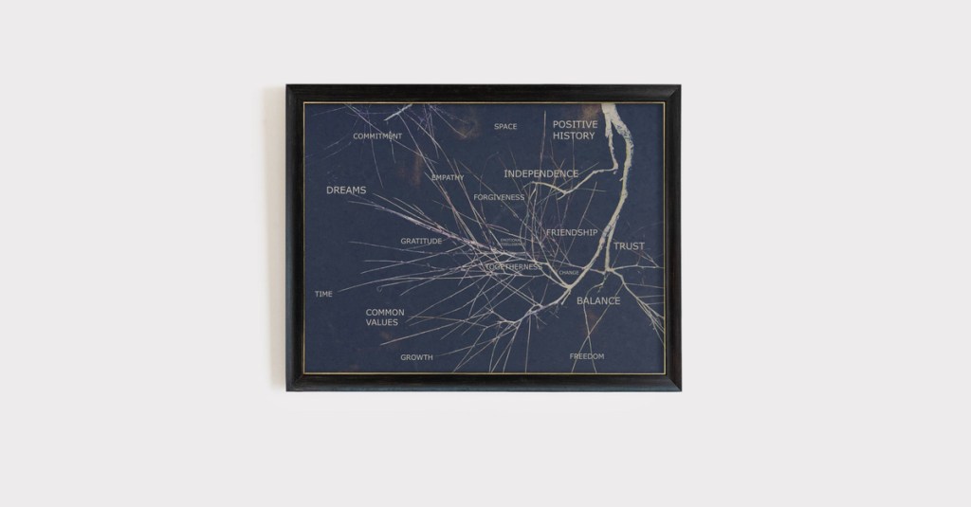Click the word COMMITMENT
coord(377,136)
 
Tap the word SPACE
coord(505,126)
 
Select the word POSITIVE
coord(576,124)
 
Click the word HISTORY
coord(574,136)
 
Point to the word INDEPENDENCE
coord(540,173)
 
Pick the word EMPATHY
coord(448,177)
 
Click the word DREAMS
coord(346,190)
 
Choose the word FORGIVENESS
coord(499,197)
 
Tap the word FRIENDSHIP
coord(572,232)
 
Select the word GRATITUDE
coord(421,241)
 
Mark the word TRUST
coord(629,246)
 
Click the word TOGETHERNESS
coord(513,267)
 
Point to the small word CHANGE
coord(569,273)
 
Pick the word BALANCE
coord(598,301)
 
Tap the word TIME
coord(323,294)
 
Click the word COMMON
coord(385,312)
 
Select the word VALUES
coord(382,322)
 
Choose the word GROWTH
coord(416,357)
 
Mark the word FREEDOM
coord(586,356)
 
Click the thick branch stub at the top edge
coord(612,112)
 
